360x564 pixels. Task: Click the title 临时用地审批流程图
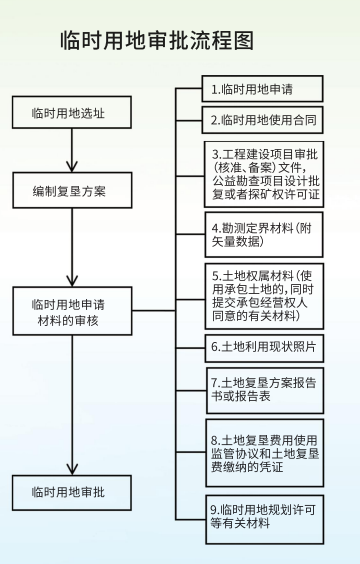click(158, 41)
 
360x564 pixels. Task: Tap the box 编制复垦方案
click(67, 187)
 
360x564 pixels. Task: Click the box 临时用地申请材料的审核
click(67, 312)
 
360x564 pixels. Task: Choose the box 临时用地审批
click(67, 491)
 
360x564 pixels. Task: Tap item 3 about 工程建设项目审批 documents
click(265, 174)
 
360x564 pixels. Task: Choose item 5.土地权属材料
click(265, 296)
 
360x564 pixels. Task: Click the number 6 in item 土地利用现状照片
click(215, 347)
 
